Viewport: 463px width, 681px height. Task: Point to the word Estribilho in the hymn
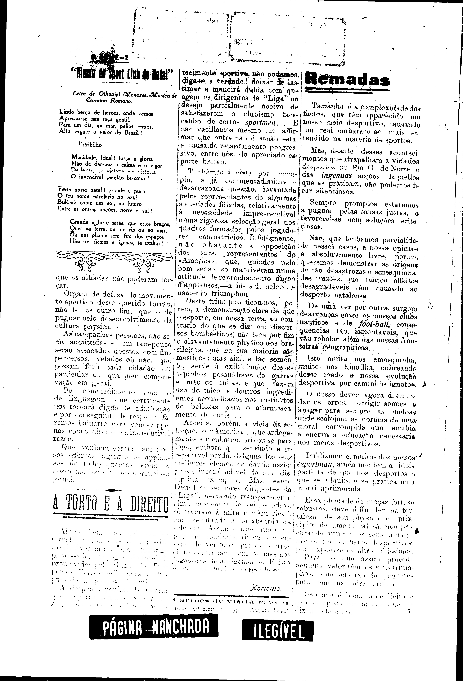point(90,144)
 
